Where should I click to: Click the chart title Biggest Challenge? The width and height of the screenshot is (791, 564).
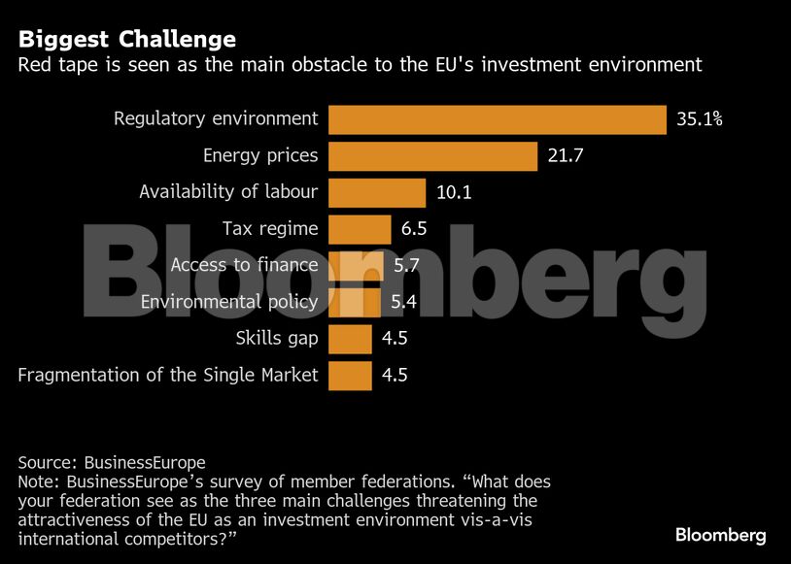point(126,40)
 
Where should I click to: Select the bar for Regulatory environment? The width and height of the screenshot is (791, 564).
point(497,119)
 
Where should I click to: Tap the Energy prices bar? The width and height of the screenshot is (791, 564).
point(432,155)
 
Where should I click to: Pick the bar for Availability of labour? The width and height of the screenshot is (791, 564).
point(377,192)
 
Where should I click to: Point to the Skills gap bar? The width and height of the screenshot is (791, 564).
point(350,339)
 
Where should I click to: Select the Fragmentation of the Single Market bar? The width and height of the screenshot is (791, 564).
point(350,375)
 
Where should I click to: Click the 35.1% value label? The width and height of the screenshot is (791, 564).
point(700,119)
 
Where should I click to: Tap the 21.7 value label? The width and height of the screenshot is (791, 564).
point(565,155)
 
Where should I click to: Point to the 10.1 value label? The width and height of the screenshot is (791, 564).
point(454,192)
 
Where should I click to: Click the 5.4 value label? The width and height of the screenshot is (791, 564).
point(403,302)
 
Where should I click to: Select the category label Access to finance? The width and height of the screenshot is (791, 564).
point(244,265)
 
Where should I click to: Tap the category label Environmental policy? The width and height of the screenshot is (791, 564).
point(229,302)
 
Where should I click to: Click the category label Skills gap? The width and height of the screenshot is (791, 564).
point(277,339)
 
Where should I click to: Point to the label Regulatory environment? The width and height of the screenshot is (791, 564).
point(216,119)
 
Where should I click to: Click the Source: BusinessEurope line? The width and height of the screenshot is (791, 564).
point(112,462)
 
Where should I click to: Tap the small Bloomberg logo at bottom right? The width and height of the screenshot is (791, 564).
point(721,535)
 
